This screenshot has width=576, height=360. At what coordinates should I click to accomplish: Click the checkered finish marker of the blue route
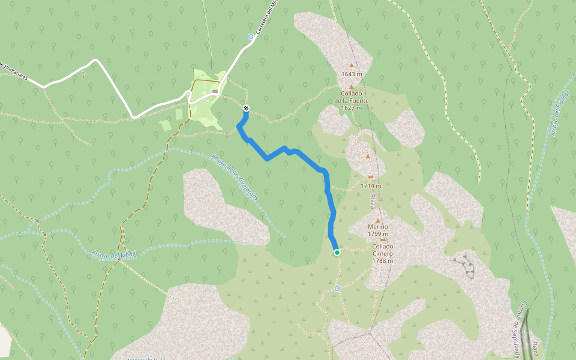(x=246, y=108)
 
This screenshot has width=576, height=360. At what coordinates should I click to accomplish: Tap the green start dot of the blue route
(x=337, y=253)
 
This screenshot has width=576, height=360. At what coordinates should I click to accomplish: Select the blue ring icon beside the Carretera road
(x=250, y=37)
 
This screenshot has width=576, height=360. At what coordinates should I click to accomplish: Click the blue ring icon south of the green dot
(x=337, y=289)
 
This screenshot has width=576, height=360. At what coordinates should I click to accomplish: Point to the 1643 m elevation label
(x=352, y=74)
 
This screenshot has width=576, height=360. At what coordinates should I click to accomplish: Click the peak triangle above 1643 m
(x=352, y=65)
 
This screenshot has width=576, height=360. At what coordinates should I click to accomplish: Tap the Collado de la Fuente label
(x=352, y=97)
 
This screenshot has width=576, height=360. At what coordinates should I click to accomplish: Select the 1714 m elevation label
(x=371, y=185)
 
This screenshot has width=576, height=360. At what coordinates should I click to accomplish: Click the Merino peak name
(x=378, y=227)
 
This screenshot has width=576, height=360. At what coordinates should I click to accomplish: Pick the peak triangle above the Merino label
(x=378, y=220)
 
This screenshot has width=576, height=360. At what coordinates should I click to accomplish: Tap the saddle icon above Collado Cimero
(x=383, y=240)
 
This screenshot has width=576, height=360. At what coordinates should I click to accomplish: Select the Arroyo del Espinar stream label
(x=558, y=113)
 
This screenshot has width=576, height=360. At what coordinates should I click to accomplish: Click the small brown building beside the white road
(x=215, y=92)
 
